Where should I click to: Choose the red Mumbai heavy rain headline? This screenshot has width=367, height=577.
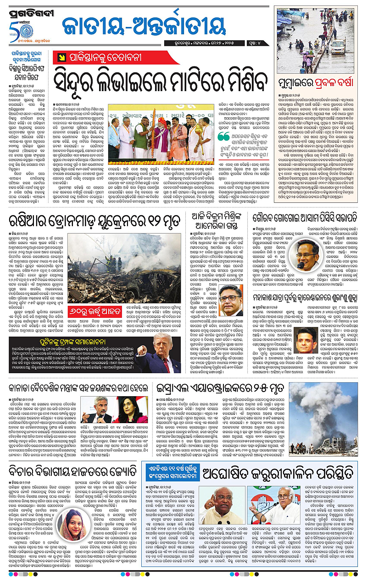pos(315,84)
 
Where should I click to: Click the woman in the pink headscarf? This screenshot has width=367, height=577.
pos(73,524)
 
